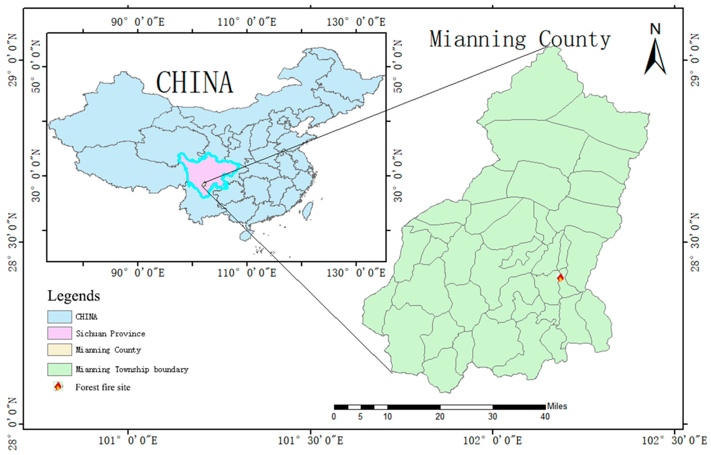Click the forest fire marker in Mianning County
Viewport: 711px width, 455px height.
point(560,277)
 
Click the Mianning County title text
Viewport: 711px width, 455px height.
point(520,40)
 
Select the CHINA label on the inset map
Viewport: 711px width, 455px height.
point(195,82)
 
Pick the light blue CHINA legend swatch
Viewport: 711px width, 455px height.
point(59,317)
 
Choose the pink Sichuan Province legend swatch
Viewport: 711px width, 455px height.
point(59,333)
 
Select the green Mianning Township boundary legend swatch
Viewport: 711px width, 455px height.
point(59,369)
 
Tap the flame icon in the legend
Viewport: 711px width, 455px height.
point(58,386)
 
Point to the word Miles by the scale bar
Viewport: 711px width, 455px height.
point(557,406)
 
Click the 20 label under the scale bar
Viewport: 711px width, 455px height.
point(440,417)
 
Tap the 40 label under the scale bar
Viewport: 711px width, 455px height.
point(545,417)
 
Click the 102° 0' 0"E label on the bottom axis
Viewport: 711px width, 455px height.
point(492,441)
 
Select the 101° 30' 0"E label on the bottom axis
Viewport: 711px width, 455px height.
point(310,441)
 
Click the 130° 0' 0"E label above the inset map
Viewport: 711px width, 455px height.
point(356,22)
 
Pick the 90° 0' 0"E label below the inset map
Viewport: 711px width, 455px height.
point(137,273)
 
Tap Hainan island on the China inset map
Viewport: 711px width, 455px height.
point(245,235)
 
